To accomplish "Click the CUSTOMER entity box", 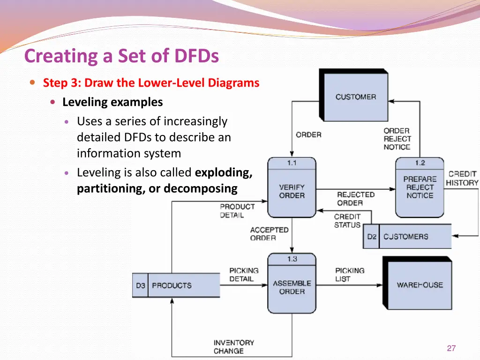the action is [355, 96].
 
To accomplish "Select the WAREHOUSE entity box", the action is [419, 284].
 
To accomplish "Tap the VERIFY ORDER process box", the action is [292, 191].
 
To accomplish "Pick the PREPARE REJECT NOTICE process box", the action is [420, 187].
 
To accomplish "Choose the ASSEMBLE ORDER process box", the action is [292, 287].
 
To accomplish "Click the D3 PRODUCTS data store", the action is [176, 285].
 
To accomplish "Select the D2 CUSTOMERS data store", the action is [407, 236].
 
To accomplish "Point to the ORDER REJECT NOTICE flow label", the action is [397, 139].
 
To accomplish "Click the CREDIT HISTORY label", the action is [462, 178].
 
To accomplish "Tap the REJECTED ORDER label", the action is [356, 199].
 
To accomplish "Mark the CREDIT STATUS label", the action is [347, 221].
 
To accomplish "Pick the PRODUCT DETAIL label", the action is [237, 210].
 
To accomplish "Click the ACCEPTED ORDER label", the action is [269, 234].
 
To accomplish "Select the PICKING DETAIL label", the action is [244, 275].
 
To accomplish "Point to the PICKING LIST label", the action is [349, 275].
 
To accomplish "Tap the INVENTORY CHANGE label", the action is [233, 347].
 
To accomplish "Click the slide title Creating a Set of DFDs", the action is [121, 56].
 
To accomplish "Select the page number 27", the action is [451, 348].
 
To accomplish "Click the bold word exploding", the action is [223, 172].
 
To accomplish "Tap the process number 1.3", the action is [292, 259].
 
